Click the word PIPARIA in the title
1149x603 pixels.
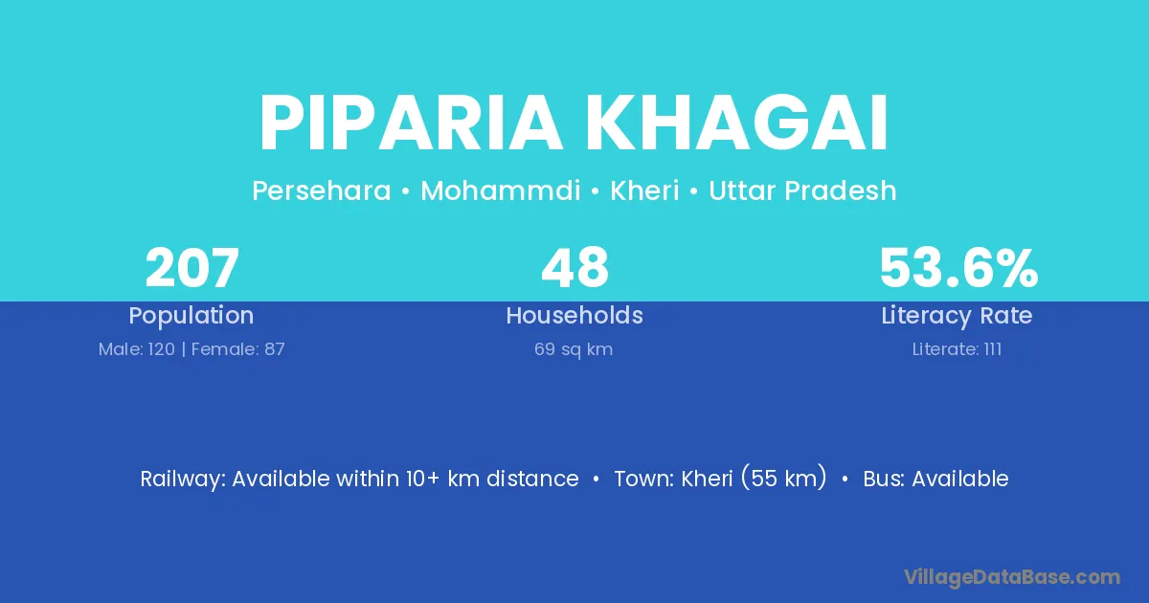(x=412, y=123)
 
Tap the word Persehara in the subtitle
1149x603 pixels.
(x=322, y=190)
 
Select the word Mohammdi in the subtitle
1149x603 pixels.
(x=501, y=190)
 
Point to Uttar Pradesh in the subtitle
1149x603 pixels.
(x=802, y=190)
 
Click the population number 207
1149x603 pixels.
(x=192, y=268)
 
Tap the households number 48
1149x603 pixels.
(x=575, y=268)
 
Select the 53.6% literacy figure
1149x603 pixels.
(x=958, y=268)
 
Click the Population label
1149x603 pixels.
(x=191, y=316)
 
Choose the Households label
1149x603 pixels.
(x=574, y=315)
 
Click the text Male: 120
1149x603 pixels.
(x=137, y=349)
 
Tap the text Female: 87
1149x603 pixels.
(x=238, y=349)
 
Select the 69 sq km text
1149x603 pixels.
(x=574, y=350)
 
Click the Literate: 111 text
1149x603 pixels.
(x=957, y=349)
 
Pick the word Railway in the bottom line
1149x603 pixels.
(x=183, y=480)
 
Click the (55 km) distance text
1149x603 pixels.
(x=784, y=478)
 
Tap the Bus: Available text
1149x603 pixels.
(x=936, y=479)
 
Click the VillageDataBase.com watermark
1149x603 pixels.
(x=1012, y=578)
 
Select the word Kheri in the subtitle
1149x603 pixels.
(x=644, y=190)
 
